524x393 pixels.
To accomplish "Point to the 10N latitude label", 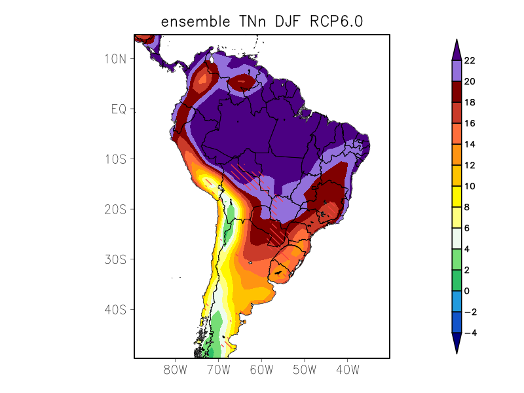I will tap(115, 58).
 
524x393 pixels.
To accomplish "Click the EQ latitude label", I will tap(118, 109).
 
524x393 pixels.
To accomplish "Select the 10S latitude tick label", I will tap(115, 159).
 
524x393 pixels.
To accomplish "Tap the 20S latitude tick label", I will tap(115, 209).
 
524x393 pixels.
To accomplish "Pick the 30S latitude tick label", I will tap(115, 259).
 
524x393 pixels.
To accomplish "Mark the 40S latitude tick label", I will tap(115, 309).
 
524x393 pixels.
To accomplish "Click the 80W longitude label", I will tap(176, 369).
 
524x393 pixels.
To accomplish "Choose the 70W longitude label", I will tap(219, 369).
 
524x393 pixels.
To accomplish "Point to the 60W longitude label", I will tap(261, 369).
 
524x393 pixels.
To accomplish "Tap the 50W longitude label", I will tap(305, 369).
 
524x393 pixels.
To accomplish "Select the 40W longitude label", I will tap(347, 369).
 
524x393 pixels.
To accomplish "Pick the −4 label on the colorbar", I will tap(469, 333).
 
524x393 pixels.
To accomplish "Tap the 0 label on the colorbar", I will tap(466, 291).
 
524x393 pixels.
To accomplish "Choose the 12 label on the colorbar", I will tap(470, 165).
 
